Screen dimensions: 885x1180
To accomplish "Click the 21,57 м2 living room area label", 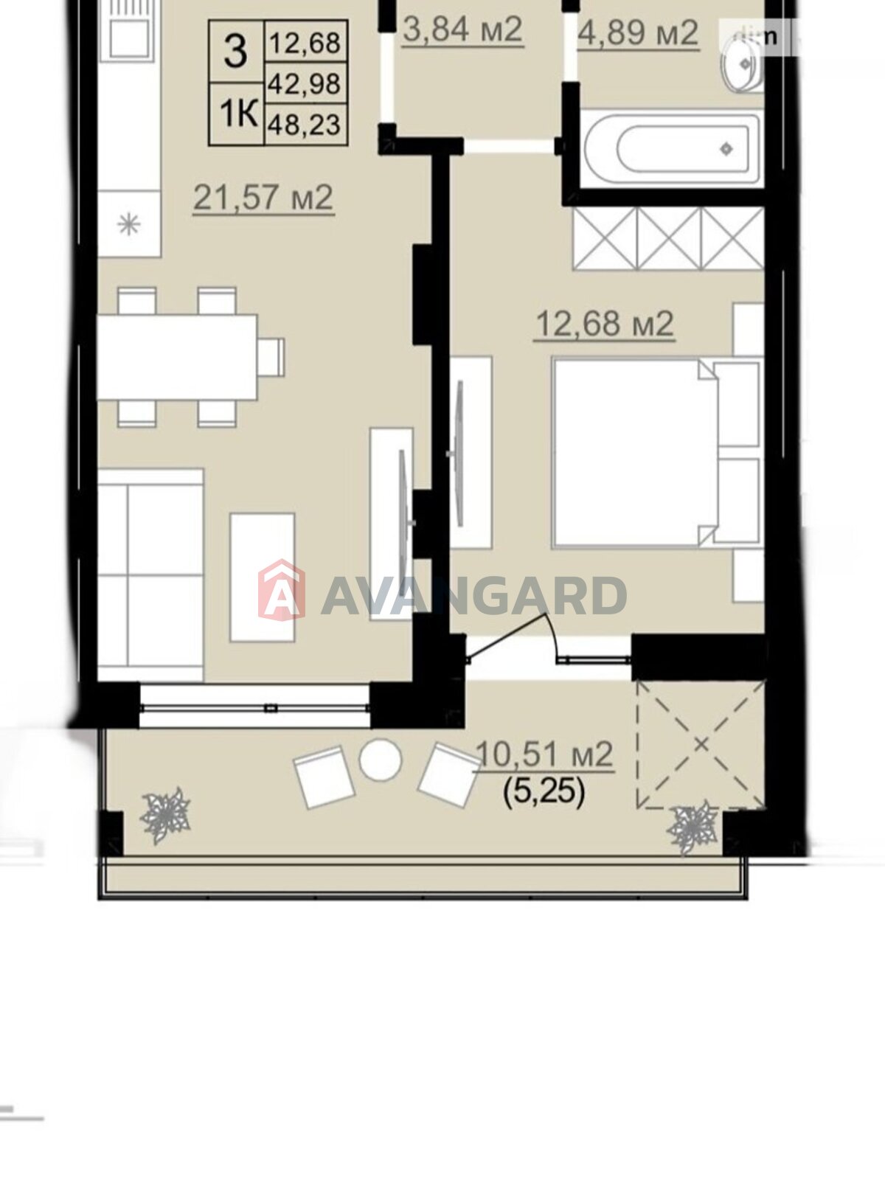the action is click(264, 198).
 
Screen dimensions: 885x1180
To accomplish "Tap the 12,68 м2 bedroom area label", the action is click(605, 324).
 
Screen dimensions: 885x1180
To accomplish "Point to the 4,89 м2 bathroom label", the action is click(639, 32).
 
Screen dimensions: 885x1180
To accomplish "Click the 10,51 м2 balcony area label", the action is click(545, 754).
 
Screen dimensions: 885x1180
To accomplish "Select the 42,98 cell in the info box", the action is click(305, 84).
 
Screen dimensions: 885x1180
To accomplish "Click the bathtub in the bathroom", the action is click(672, 148).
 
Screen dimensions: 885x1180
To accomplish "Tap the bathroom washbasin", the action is click(743, 66).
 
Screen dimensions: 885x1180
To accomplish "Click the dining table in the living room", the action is click(177, 358).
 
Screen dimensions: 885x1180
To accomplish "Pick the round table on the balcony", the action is click(380, 760).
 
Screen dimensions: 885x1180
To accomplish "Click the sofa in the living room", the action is click(151, 575).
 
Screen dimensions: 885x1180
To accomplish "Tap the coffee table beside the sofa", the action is click(263, 577).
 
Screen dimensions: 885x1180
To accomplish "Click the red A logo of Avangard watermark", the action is click(282, 589).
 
